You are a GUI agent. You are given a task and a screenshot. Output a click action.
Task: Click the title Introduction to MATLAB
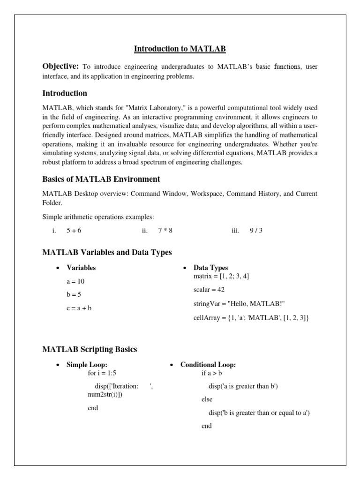(x=180, y=49)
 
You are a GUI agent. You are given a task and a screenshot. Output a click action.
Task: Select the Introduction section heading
(x=65, y=93)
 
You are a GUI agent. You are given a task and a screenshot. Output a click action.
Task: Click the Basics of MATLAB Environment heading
(x=101, y=179)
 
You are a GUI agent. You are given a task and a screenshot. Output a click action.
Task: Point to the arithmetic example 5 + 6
(x=75, y=231)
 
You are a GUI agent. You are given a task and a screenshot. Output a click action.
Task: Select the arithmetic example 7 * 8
(x=165, y=231)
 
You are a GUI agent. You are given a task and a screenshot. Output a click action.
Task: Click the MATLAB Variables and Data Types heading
(x=107, y=253)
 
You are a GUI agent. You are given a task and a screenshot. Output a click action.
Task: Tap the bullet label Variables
(x=81, y=268)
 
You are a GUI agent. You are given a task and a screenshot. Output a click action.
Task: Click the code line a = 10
(x=75, y=282)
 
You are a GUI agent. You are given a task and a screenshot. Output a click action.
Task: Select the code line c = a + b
(x=79, y=308)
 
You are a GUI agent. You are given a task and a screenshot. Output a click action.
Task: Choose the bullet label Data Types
(x=210, y=268)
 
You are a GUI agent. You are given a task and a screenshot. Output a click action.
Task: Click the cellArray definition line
(x=244, y=318)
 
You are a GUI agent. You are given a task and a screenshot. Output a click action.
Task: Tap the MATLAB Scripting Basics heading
(x=90, y=349)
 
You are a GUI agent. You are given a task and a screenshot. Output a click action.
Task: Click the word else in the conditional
(x=207, y=399)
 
